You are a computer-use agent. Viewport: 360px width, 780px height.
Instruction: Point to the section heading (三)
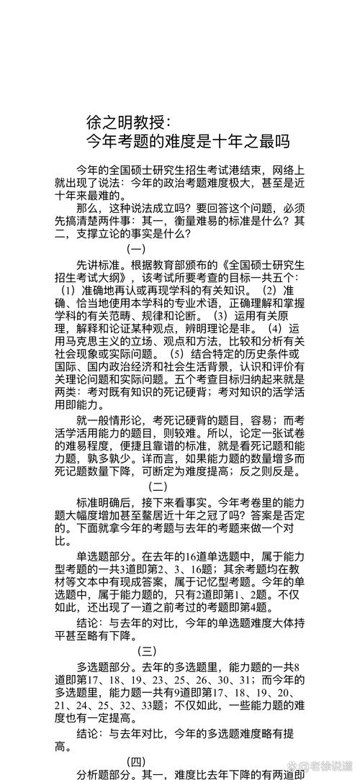point(147,651)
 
